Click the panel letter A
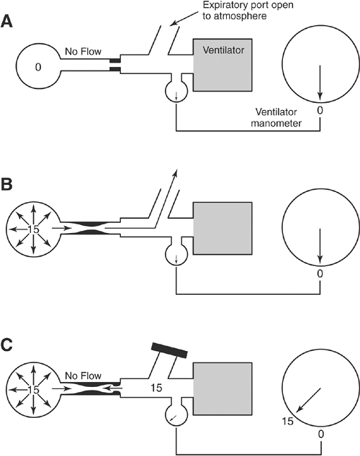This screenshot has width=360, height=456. (6, 22)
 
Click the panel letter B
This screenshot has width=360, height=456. (6, 184)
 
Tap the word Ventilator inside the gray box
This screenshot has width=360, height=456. (223, 50)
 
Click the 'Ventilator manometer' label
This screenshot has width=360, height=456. (276, 117)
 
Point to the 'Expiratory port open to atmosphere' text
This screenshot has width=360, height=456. (248, 10)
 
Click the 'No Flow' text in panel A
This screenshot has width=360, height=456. (83, 52)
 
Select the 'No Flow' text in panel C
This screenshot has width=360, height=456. (83, 375)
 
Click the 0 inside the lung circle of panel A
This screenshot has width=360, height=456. (38, 67)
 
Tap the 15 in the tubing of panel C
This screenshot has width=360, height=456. (156, 388)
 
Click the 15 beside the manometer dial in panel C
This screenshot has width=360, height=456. (288, 421)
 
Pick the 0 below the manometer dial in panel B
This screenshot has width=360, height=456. (320, 273)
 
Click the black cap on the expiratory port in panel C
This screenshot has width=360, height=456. (169, 350)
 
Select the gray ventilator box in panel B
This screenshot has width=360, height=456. (222, 228)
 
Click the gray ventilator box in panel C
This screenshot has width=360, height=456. (222, 389)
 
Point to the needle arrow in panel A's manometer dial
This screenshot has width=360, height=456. (320, 83)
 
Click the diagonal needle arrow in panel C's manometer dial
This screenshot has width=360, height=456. (308, 400)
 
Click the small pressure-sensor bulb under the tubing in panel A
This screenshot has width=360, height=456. (176, 90)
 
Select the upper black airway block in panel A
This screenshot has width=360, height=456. (114, 60)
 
